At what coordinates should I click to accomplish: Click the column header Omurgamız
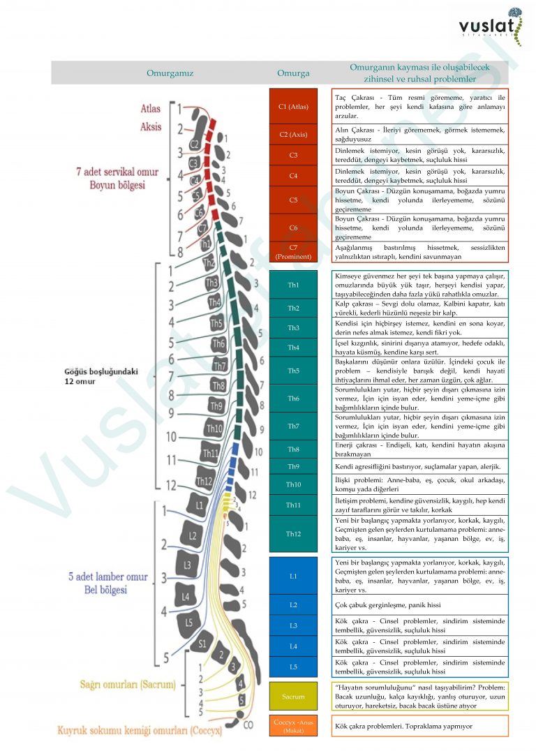pyautogui.click(x=170, y=73)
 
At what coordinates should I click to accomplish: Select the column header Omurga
pyautogui.click(x=293, y=73)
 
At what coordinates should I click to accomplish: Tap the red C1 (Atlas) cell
pyautogui.click(x=293, y=107)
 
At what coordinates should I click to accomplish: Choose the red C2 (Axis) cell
pyautogui.click(x=293, y=135)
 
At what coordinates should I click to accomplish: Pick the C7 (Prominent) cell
pyautogui.click(x=293, y=252)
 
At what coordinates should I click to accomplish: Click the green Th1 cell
pyautogui.click(x=293, y=285)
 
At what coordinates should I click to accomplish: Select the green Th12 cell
pyautogui.click(x=293, y=534)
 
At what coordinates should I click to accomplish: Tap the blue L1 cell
pyautogui.click(x=293, y=576)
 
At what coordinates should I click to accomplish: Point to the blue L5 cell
pyautogui.click(x=293, y=667)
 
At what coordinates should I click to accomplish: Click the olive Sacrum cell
pyautogui.click(x=293, y=697)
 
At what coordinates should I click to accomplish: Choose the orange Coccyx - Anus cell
pyautogui.click(x=293, y=726)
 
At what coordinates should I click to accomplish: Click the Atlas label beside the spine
pyautogui.click(x=151, y=109)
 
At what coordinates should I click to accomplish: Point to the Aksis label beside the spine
pyautogui.click(x=151, y=127)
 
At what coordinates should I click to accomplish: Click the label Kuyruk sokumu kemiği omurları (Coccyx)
pyautogui.click(x=140, y=730)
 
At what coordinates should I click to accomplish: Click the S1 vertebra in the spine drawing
pyautogui.click(x=202, y=644)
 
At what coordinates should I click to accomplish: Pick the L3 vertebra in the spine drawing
pyautogui.click(x=186, y=564)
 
